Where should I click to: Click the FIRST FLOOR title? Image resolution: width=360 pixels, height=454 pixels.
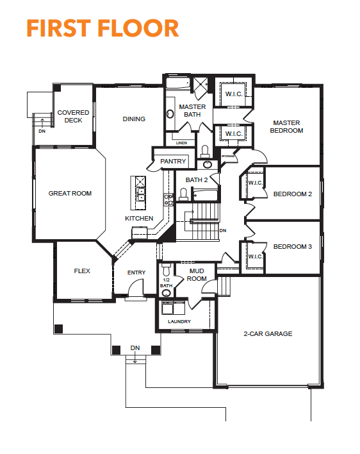[102, 28]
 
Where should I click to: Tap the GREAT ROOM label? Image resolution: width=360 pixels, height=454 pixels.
[70, 194]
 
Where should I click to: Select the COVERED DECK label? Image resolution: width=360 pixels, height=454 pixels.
[73, 117]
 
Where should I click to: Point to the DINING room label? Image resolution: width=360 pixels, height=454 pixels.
[134, 119]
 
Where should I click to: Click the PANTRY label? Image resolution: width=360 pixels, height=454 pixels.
[173, 162]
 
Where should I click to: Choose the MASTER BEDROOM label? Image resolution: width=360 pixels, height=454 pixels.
[286, 127]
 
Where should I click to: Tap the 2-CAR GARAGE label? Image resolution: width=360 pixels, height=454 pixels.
[268, 334]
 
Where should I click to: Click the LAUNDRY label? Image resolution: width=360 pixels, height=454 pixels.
[179, 321]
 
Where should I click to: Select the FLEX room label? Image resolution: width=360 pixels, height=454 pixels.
[82, 271]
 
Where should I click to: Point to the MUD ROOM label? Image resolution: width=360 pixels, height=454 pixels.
[197, 275]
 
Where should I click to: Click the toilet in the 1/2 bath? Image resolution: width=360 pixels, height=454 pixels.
[167, 269]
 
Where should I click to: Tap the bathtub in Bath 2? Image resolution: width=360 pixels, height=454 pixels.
[205, 195]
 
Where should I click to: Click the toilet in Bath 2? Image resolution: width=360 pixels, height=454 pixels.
[183, 194]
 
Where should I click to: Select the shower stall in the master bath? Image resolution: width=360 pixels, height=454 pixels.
[200, 85]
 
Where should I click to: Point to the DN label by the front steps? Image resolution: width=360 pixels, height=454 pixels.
[135, 348]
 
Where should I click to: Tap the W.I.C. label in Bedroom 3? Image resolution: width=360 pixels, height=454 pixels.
[256, 256]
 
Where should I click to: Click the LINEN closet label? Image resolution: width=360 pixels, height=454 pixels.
[181, 143]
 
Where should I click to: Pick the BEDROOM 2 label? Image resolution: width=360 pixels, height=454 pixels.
[293, 194]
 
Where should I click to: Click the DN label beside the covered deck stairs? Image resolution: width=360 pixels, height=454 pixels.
[42, 131]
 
